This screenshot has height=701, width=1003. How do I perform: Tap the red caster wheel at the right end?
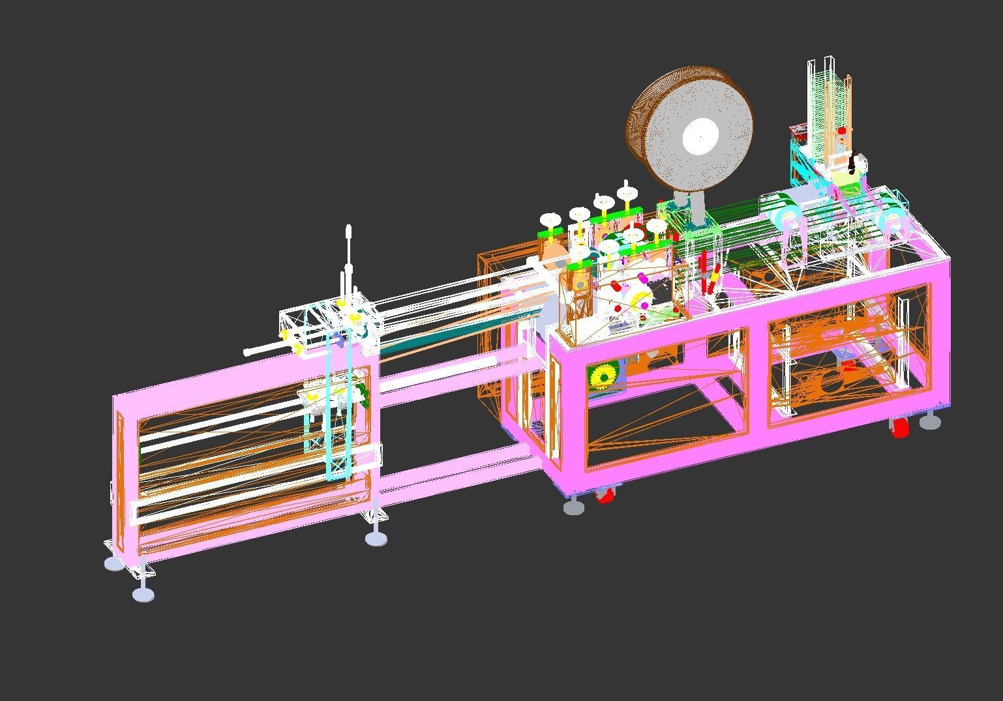(900, 428)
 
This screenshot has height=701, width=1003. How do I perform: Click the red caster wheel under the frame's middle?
(605, 495)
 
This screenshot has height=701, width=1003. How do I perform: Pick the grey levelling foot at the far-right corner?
(930, 422)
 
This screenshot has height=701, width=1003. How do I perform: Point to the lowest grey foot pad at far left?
(143, 594)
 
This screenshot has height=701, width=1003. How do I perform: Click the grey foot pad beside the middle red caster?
(574, 507)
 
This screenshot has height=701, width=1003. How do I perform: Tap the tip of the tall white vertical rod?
(348, 230)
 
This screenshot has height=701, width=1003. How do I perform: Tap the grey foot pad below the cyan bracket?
(376, 539)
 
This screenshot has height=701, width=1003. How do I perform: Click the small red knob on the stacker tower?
(842, 132)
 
